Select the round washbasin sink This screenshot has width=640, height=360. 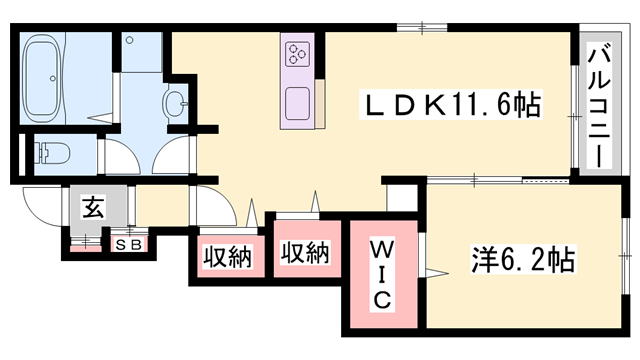tap(176, 101)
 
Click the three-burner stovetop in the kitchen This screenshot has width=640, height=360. tap(299, 54)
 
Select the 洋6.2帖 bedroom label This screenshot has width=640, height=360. tap(521, 263)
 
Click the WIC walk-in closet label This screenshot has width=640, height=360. tap(383, 273)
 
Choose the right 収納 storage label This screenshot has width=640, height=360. tap(305, 253)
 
